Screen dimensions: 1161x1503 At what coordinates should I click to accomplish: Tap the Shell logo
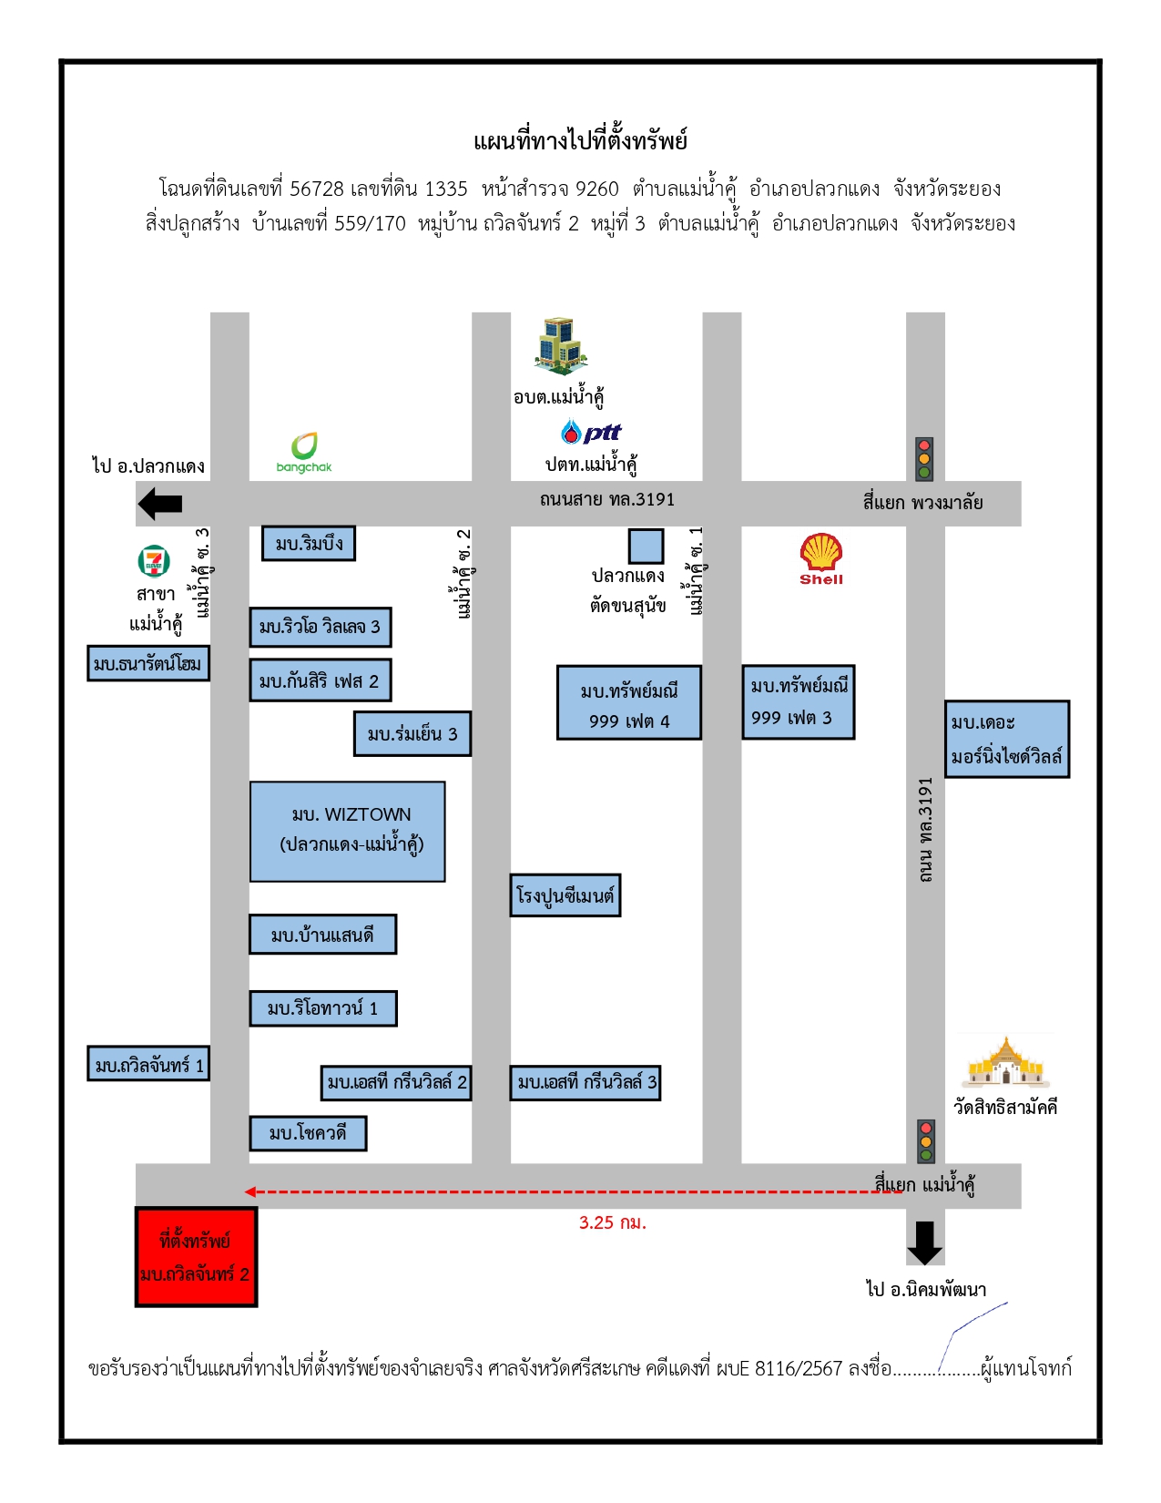click(820, 559)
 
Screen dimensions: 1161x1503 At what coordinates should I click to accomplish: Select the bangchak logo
click(303, 453)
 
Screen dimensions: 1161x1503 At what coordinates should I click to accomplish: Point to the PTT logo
click(591, 432)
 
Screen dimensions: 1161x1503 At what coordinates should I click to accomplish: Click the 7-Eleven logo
click(154, 561)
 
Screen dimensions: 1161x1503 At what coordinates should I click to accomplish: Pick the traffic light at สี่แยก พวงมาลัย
click(924, 458)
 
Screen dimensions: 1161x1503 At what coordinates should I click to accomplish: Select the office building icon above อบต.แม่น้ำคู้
click(561, 346)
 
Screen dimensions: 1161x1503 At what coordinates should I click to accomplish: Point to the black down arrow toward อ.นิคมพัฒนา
click(924, 1242)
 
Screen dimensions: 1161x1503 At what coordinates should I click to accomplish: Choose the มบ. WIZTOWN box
click(347, 832)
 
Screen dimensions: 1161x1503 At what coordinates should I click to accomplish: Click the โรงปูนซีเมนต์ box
click(565, 895)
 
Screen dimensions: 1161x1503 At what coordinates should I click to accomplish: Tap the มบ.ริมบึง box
click(309, 543)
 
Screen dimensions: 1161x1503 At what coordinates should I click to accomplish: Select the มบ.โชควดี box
click(308, 1133)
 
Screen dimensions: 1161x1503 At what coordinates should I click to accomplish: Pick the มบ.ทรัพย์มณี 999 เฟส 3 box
click(798, 702)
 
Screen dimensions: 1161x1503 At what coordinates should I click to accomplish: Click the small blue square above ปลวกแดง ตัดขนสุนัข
click(646, 547)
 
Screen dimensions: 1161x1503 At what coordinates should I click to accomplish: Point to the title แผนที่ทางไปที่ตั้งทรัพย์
click(580, 141)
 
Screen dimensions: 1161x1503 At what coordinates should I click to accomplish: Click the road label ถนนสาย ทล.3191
click(607, 499)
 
